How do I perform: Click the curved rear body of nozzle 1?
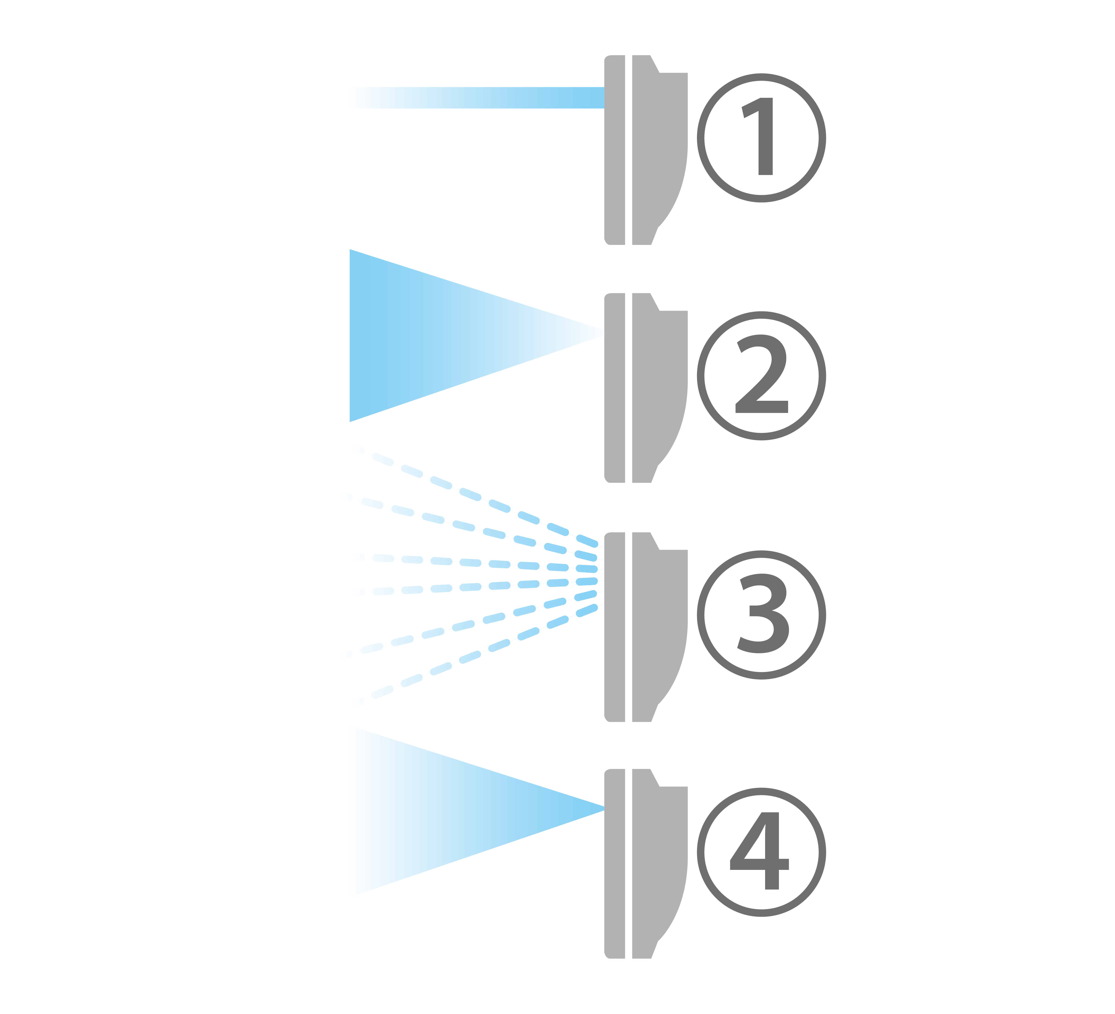(x=658, y=149)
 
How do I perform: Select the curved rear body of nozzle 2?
(x=658, y=387)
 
